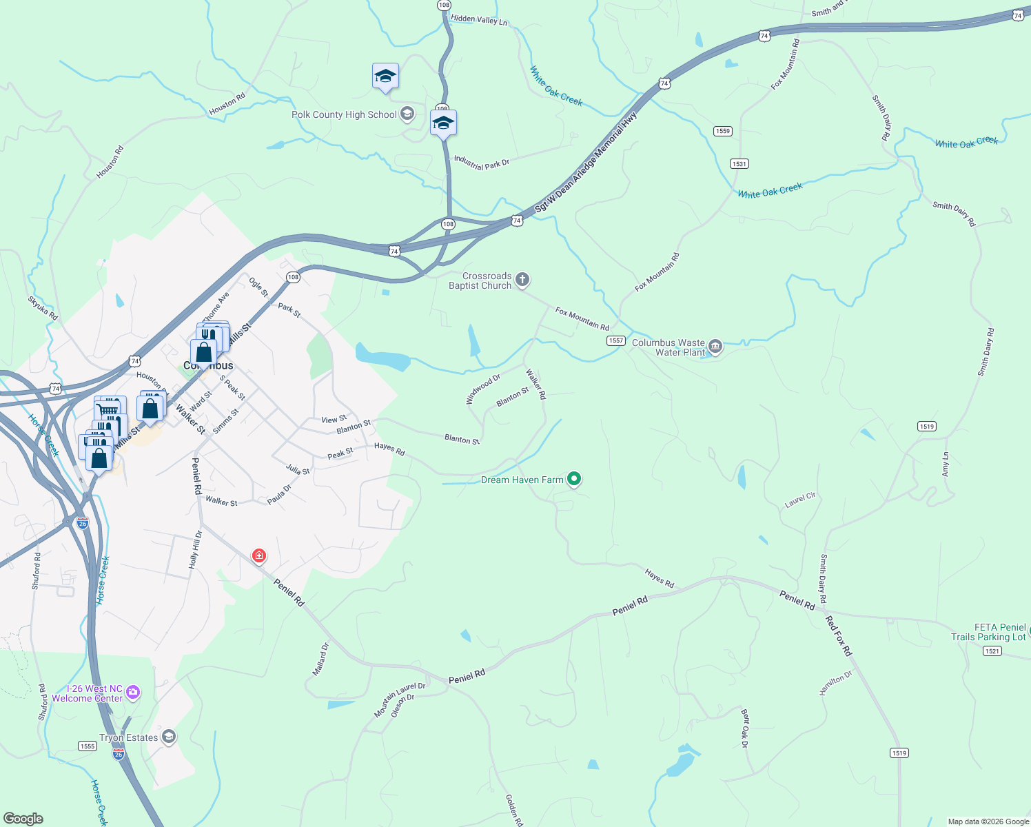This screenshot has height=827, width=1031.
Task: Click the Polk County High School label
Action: [344, 115]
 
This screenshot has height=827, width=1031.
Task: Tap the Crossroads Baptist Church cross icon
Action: [522, 279]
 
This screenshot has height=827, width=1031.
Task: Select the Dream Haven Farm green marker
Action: [574, 479]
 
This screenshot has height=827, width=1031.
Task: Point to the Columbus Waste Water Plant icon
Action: [715, 347]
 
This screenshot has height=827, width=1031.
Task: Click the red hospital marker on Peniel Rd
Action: [259, 555]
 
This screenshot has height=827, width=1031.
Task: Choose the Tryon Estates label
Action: [129, 737]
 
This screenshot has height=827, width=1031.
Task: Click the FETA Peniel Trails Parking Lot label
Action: [988, 632]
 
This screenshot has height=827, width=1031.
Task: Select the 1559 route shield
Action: [722, 131]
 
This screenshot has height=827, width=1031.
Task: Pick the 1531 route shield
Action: [739, 164]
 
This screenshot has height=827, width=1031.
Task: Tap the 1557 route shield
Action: [615, 340]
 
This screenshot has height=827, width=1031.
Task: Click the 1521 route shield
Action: [992, 651]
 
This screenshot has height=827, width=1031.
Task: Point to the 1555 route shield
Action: [88, 746]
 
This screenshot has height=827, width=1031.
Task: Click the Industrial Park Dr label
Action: [481, 163]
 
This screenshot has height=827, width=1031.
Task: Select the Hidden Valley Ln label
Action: [479, 20]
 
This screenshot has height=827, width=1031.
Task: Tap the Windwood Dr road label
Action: [482, 389]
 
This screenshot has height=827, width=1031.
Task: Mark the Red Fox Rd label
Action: [839, 636]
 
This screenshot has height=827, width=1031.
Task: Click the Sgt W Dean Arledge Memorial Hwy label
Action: [586, 163]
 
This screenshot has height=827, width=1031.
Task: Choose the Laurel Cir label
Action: [800, 500]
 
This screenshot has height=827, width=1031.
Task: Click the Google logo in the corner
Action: [23, 818]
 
